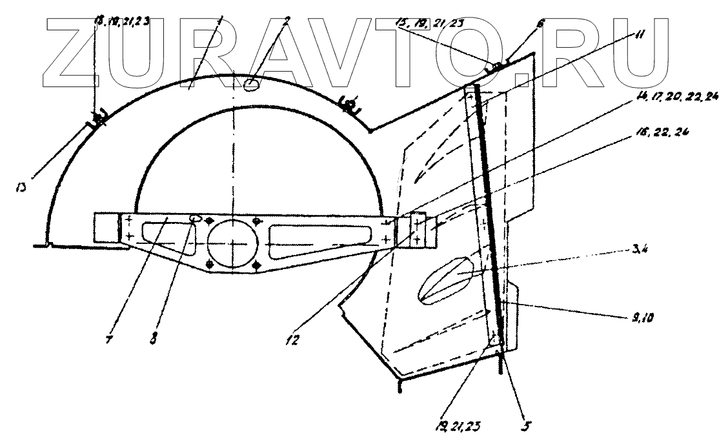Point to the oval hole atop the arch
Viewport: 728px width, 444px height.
click(x=252, y=83)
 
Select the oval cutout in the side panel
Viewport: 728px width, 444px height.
click(x=449, y=279)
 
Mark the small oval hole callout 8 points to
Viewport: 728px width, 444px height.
click(x=196, y=219)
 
